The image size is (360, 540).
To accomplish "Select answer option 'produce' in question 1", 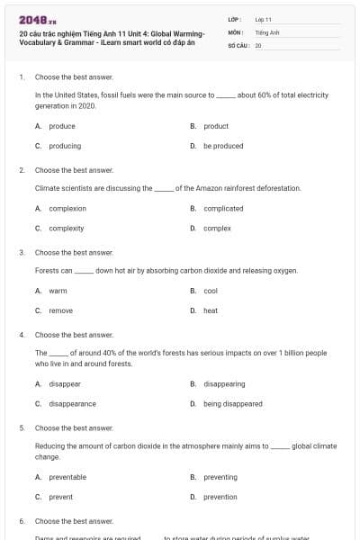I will coord(62,126).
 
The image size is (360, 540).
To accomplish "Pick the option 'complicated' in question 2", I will coord(223,208).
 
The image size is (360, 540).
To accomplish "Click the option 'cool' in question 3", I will coord(211,291).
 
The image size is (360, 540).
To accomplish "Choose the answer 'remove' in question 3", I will coord(60,310).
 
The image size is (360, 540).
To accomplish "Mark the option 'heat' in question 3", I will coord(211,310).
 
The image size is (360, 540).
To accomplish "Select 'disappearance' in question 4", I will coord(72,404).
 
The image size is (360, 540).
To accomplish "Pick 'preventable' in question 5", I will coord(67,477).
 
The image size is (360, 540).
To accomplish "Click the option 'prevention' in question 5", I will coord(220,497).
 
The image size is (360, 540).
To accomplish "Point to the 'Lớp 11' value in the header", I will coord(263,18).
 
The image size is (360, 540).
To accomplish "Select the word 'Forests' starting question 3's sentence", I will coord(47,270).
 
